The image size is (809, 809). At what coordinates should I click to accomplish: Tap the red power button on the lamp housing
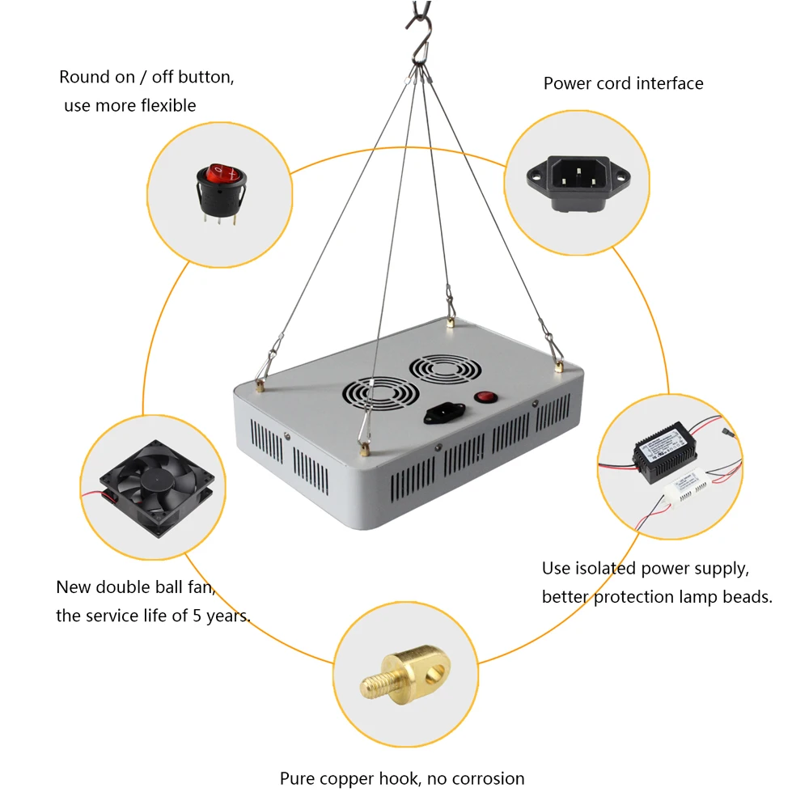[x=485, y=397]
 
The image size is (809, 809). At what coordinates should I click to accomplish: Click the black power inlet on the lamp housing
[x=443, y=413]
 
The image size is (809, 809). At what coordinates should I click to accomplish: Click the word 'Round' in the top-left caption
[x=84, y=78]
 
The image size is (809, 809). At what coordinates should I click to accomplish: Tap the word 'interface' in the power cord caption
[x=670, y=83]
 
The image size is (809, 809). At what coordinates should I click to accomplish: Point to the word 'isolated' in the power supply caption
[x=605, y=568]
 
